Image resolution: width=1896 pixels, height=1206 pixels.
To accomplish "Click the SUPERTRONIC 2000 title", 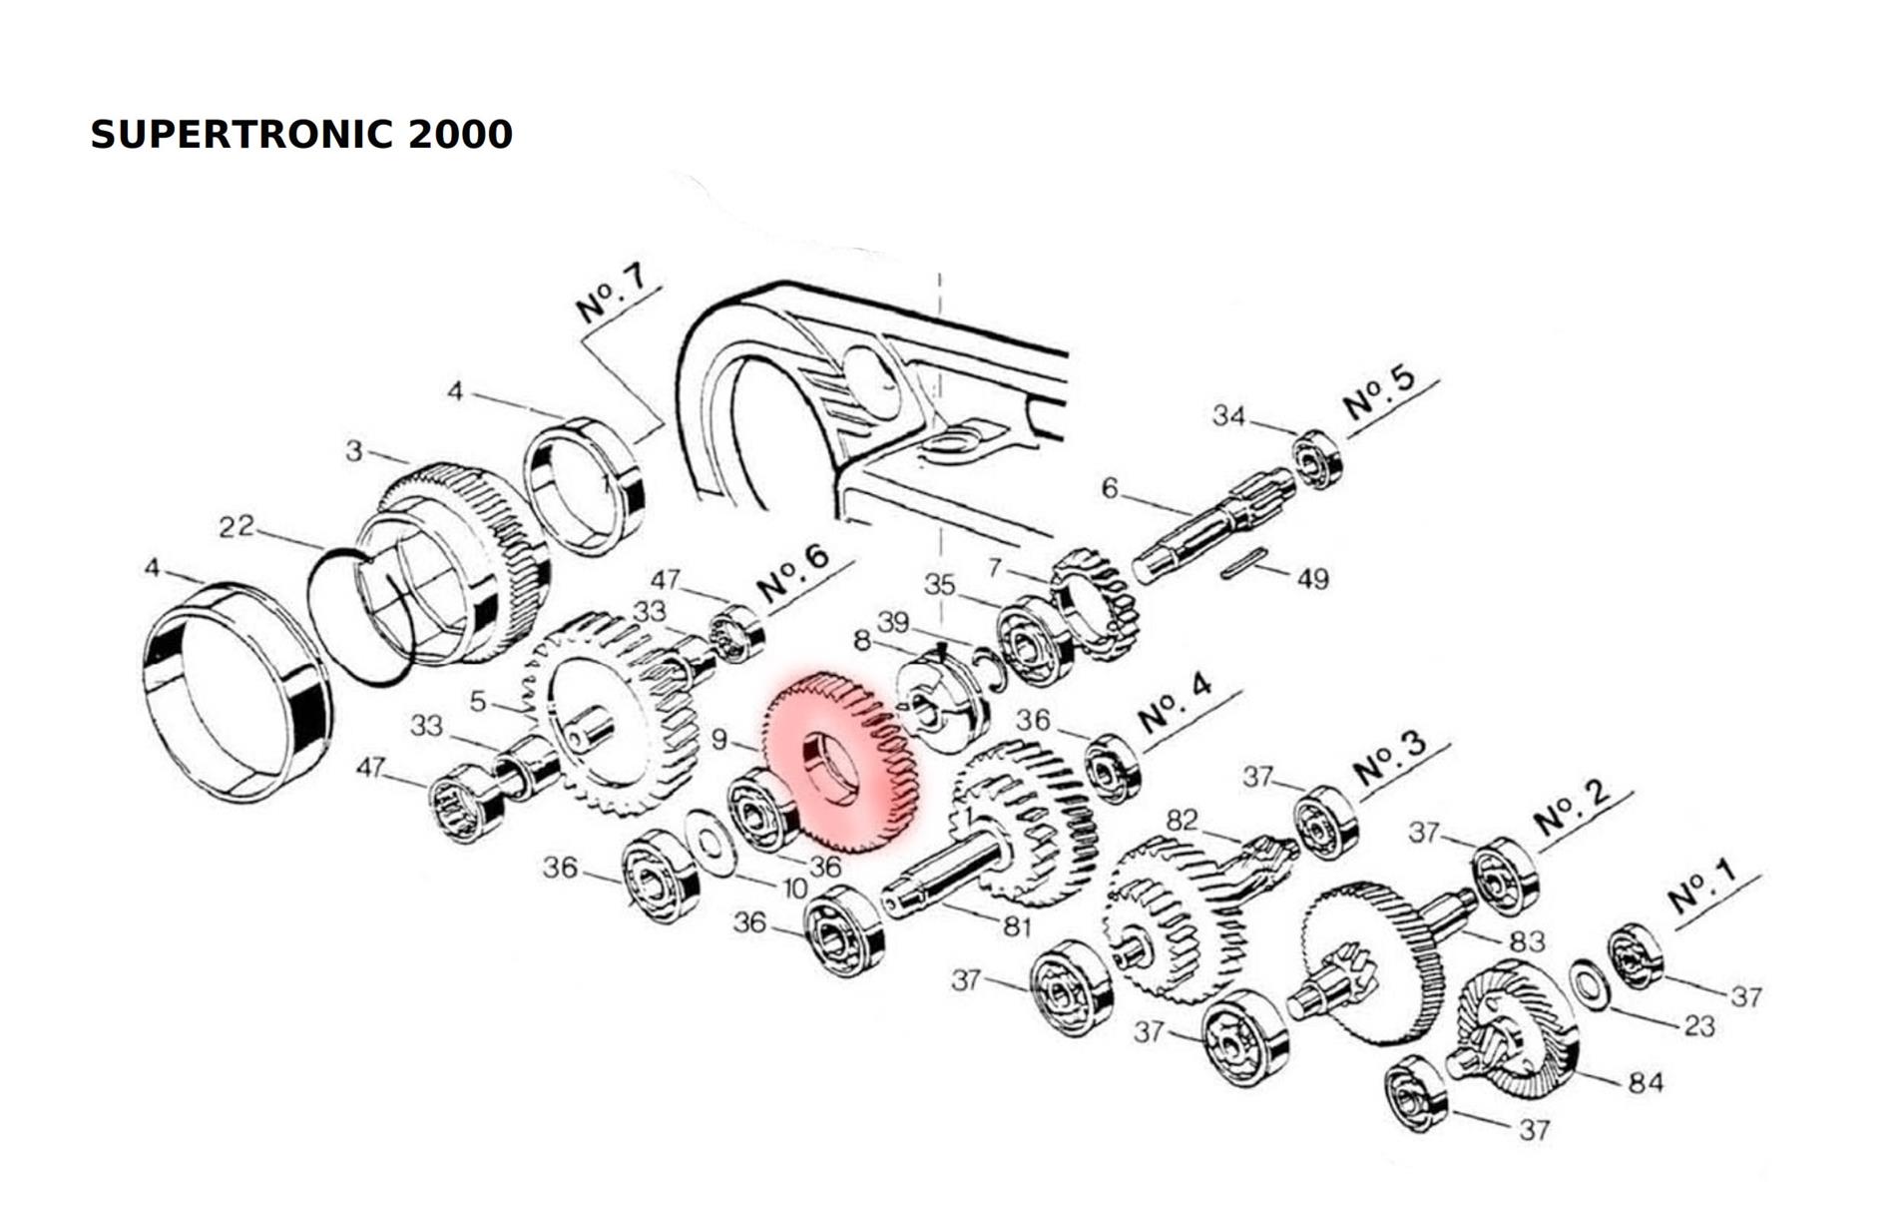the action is pos(301,135).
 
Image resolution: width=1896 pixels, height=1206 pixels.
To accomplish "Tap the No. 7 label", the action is pos(611,293).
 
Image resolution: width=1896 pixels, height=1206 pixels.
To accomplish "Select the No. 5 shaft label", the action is pos(1379,392).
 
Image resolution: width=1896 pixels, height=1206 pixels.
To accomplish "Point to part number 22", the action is pos(237,526).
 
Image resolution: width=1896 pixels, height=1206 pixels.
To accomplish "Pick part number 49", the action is pos(1312,578).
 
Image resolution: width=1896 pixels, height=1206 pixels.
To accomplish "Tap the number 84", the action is pos(1646,1082).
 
